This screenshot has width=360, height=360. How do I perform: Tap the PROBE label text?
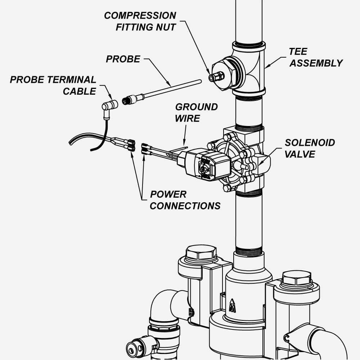tap(123, 59)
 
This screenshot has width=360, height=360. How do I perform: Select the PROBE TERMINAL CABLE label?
tap(53, 85)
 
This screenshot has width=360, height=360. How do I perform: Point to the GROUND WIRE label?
tap(196, 112)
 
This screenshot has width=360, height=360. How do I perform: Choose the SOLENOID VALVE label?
tap(310, 148)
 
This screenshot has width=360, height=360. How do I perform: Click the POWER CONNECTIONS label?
tap(185, 200)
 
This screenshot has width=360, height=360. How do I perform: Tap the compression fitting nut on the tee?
tap(217, 76)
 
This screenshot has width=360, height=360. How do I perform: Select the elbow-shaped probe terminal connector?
tap(109, 106)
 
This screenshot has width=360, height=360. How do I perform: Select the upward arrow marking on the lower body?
tap(233, 301)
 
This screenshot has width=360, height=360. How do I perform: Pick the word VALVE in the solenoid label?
tap(300, 154)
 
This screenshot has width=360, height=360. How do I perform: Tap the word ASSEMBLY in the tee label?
tap(316, 63)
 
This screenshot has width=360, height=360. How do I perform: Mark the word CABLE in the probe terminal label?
tap(80, 91)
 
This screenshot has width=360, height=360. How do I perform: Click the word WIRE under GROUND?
tap(187, 118)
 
